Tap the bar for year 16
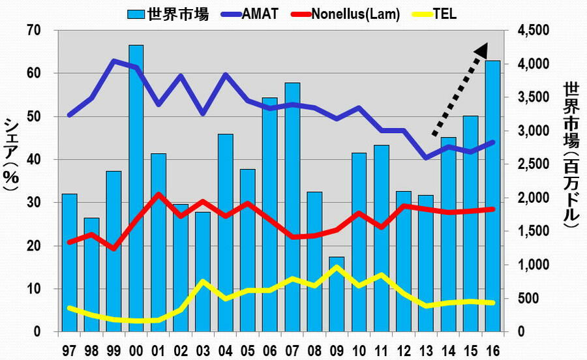493,196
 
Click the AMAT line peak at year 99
113,61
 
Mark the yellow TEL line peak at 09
337,267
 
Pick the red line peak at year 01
158,194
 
